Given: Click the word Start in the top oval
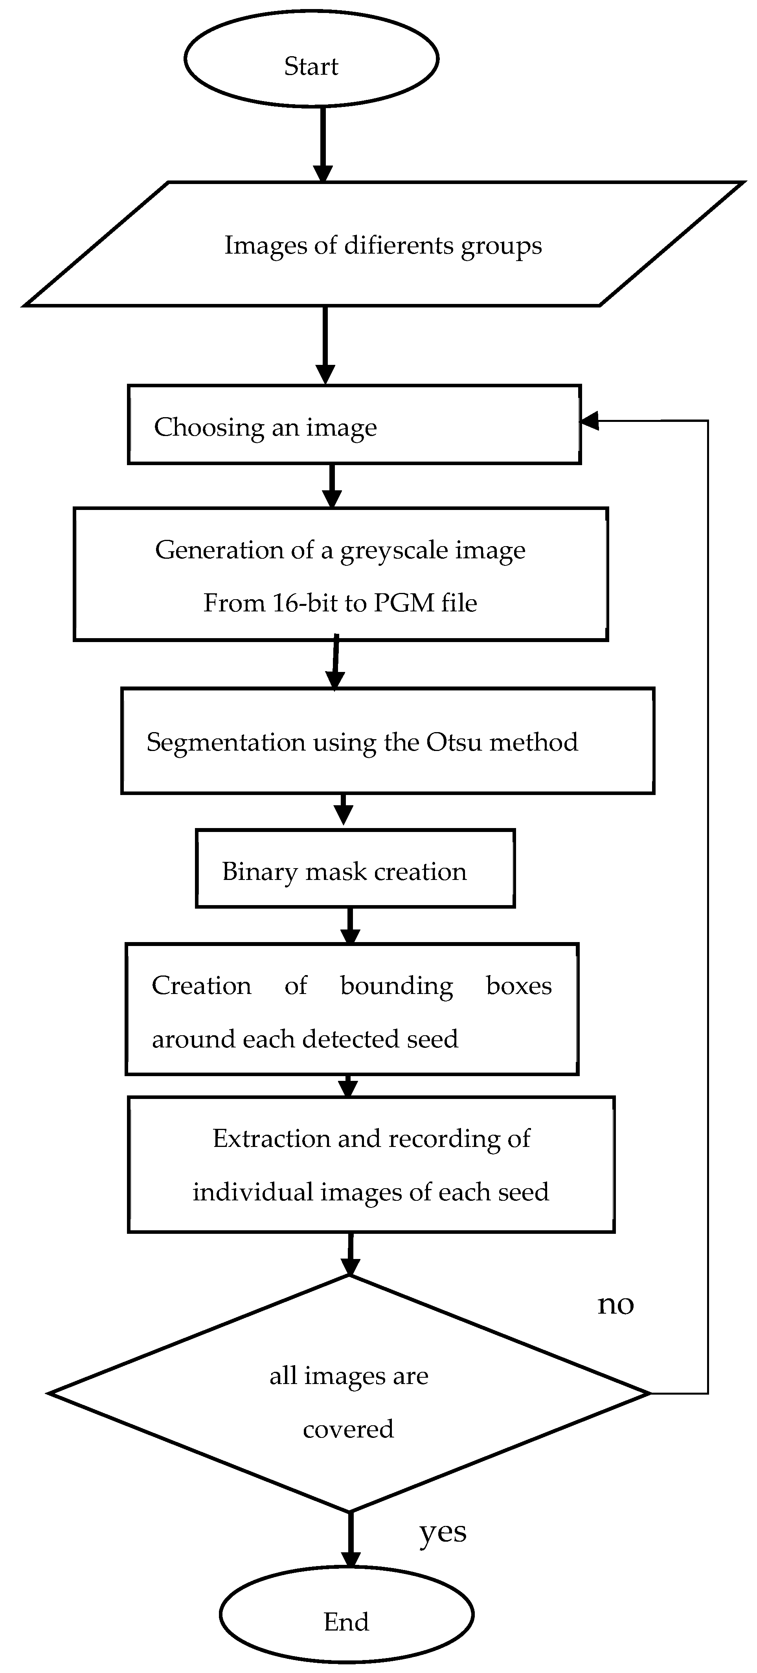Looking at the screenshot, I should click(x=311, y=66).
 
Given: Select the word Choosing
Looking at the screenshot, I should click(x=208, y=427).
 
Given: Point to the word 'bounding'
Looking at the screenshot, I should click(x=396, y=986).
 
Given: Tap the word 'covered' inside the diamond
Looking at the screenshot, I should click(x=349, y=1430).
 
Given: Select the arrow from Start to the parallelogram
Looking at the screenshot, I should click(x=323, y=143).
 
